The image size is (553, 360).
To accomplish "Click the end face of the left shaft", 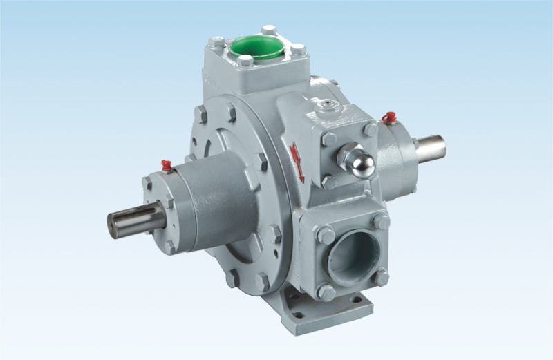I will tap(113, 226).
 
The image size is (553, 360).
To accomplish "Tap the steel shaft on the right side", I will tap(429, 147).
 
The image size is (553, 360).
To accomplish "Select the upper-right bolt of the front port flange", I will tap(380, 220).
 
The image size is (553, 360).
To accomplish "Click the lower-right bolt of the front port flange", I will tap(381, 277).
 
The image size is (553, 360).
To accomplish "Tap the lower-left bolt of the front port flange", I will tap(326, 292).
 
